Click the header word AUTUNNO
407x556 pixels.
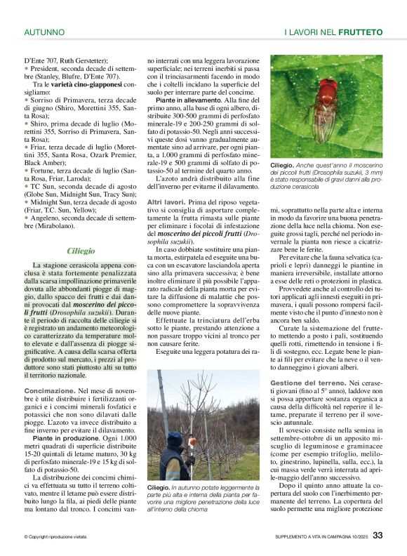click(x=44, y=32)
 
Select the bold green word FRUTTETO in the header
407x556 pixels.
click(x=361, y=32)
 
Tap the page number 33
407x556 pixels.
click(x=378, y=536)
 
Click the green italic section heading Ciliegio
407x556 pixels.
click(x=81, y=251)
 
